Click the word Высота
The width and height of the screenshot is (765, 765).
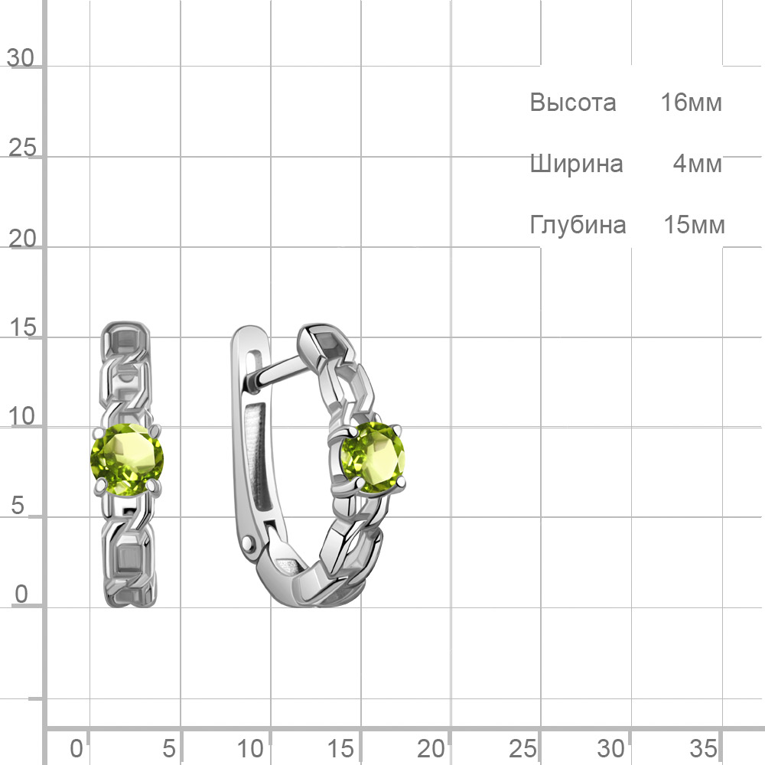coord(573,103)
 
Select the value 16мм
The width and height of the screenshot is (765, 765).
coord(692,103)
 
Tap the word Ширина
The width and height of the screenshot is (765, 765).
coord(576,164)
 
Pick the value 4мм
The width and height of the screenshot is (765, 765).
coord(698,164)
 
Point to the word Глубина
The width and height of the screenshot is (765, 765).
coord(578,225)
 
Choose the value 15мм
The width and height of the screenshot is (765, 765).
coord(695,225)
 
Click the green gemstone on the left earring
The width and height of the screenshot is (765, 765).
coord(127,460)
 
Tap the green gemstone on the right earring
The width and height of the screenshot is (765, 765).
coord(373,458)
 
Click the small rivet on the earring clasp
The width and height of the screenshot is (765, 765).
coord(249,542)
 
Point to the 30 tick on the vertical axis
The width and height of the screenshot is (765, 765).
coord(21,58)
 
